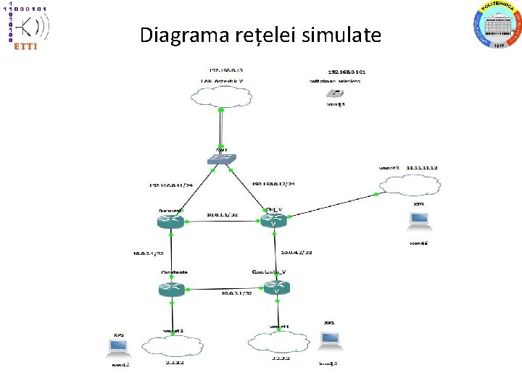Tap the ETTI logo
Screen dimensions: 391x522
(25, 27)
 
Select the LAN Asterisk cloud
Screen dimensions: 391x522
(221, 95)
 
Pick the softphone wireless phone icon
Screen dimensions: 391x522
(334, 93)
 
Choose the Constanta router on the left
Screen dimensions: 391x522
(172, 288)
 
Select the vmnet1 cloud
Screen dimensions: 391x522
(278, 342)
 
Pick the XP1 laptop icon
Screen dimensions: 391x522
(330, 339)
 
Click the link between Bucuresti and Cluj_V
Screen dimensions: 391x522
(223, 221)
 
